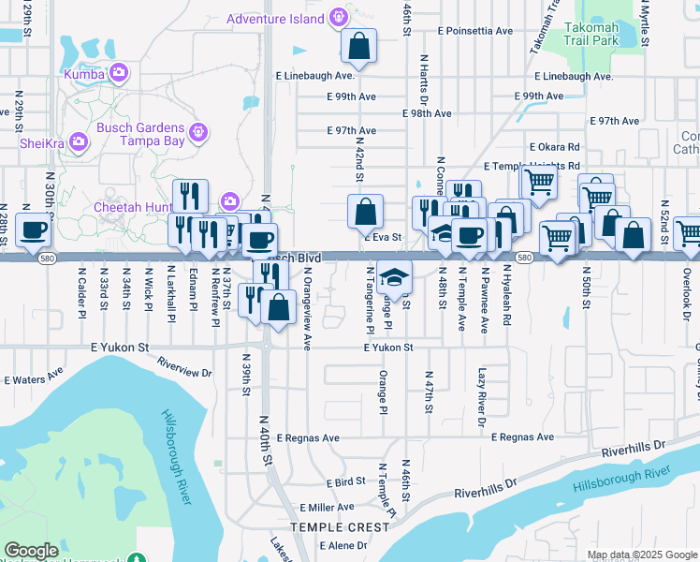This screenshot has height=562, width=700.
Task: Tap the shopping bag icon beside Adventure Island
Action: pos(359,44)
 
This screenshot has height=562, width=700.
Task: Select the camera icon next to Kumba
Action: pos(119,72)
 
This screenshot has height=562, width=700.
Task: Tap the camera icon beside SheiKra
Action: pos(79,142)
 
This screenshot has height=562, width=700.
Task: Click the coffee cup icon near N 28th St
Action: pos(34,230)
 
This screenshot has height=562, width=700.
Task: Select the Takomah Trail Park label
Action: pos(605,35)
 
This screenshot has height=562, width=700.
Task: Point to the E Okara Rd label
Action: pos(554,147)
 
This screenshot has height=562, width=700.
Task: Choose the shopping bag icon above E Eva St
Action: pos(365,212)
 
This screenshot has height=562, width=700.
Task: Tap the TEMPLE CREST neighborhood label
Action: pos(339,527)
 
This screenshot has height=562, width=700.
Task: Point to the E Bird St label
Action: pos(345,481)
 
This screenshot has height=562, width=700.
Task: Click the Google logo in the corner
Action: pos(31,551)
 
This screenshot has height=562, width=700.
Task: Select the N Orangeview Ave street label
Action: pos(307,309)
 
